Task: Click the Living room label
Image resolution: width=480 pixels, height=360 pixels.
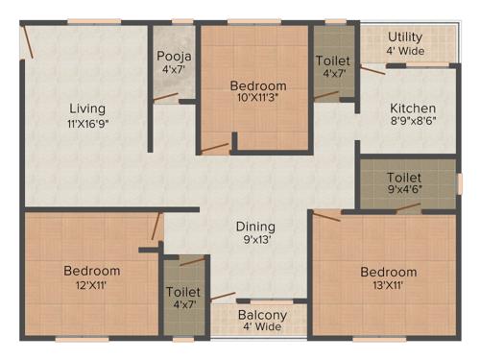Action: [87, 108]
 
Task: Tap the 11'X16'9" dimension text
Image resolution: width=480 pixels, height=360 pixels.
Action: [87, 123]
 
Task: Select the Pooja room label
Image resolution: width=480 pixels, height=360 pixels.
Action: [174, 56]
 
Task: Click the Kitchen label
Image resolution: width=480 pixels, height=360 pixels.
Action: [412, 108]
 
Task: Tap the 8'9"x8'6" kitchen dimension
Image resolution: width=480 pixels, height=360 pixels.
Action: [412, 123]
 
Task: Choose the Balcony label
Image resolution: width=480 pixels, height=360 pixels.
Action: [261, 314]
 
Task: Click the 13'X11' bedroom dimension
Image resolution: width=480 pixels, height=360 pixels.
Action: [389, 285]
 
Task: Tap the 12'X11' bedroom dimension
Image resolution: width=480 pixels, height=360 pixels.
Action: [92, 285]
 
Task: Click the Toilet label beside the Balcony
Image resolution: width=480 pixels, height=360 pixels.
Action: [182, 292]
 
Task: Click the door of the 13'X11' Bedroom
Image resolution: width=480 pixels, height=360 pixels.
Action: [327, 215]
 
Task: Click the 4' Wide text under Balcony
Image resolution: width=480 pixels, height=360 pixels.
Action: [261, 327]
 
